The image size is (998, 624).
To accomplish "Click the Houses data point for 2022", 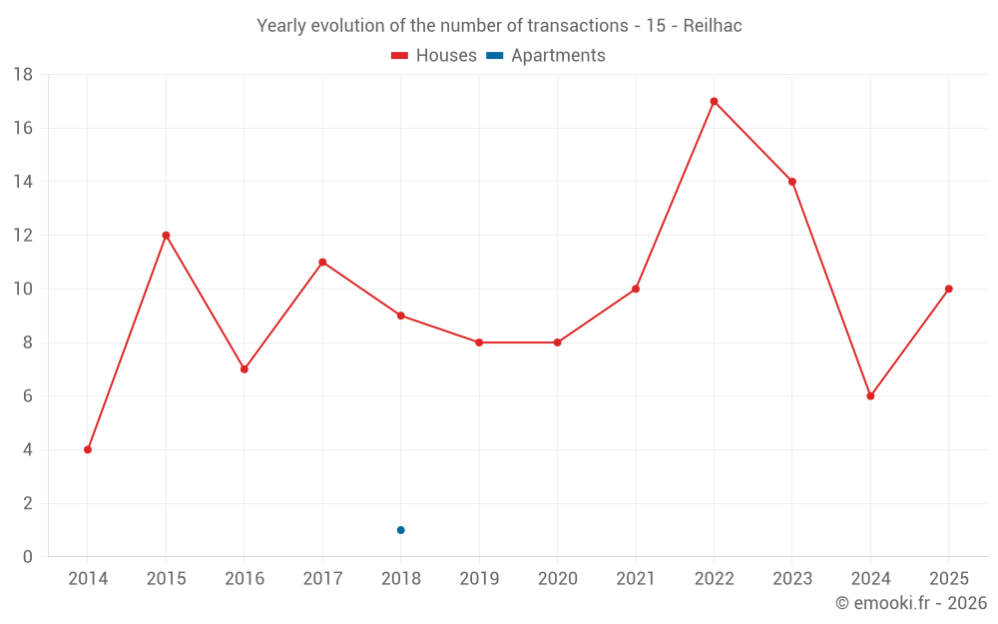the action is click(715, 101).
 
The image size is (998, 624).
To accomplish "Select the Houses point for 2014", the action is click(88, 449).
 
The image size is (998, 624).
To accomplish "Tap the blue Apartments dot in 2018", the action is click(401, 530).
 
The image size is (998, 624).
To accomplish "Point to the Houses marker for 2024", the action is click(870, 396).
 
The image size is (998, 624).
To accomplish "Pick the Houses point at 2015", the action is click(166, 235).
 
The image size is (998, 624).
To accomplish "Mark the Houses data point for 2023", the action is click(792, 182).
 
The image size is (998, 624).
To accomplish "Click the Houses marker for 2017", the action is click(322, 262).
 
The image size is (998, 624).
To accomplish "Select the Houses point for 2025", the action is click(949, 289).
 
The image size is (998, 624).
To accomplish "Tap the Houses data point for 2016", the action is click(245, 369).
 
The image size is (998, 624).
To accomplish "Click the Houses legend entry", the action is click(434, 55).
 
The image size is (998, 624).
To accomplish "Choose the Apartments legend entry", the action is click(546, 55).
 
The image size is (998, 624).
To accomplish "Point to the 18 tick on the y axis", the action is click(23, 75).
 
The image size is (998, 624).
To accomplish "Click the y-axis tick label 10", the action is click(23, 290).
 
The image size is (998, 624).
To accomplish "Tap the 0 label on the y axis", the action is click(27, 556).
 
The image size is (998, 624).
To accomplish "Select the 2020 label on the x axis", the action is click(558, 578).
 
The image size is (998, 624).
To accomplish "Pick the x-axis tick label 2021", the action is click(636, 578).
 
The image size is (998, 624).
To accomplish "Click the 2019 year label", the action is click(479, 578).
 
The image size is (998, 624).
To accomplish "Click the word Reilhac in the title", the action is click(713, 26).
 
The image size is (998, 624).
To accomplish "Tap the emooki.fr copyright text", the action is click(911, 602).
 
